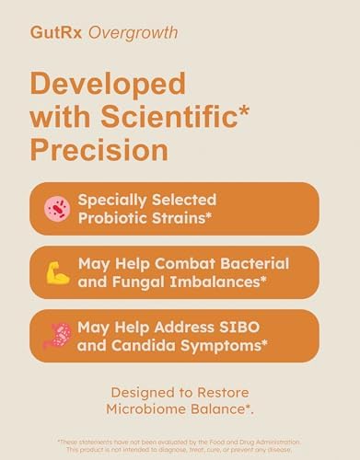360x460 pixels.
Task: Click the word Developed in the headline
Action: point(108,86)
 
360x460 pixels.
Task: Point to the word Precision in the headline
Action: point(99,149)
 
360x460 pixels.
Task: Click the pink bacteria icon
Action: point(58,209)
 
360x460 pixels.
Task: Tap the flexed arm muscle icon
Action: point(58,272)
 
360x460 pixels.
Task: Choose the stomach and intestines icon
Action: point(58,336)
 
